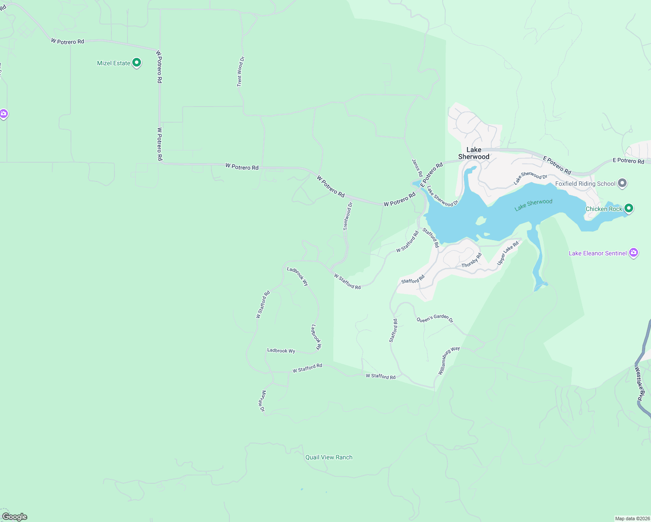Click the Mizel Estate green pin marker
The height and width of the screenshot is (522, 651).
pyautogui.click(x=137, y=63)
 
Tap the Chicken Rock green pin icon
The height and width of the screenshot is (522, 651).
pyautogui.click(x=628, y=208)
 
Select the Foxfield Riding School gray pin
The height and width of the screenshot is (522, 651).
pyautogui.click(x=622, y=183)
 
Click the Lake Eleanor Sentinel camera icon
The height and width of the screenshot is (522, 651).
pyautogui.click(x=634, y=253)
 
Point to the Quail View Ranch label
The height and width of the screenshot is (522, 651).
pyautogui.click(x=329, y=457)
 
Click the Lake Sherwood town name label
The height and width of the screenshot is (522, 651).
pyautogui.click(x=474, y=153)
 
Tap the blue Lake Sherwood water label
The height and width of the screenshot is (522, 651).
pyautogui.click(x=533, y=205)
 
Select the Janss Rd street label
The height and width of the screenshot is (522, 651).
pyautogui.click(x=417, y=168)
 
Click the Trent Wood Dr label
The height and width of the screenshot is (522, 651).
pyautogui.click(x=240, y=71)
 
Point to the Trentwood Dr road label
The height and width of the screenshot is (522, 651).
pyautogui.click(x=348, y=216)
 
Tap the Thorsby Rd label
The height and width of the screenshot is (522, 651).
pyautogui.click(x=471, y=261)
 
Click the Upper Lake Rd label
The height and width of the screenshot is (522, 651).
pyautogui.click(x=508, y=253)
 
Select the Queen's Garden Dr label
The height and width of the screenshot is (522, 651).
pyautogui.click(x=435, y=318)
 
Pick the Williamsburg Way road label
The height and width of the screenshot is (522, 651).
pyautogui.click(x=449, y=361)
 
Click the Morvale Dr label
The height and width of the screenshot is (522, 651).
pyautogui.click(x=262, y=401)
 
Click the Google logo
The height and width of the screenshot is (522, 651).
pyautogui.click(x=15, y=517)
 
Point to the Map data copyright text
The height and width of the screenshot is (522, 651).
pyautogui.click(x=632, y=519)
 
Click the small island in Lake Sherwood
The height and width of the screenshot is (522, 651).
pyautogui.click(x=480, y=221)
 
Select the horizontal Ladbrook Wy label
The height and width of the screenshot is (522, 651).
pyautogui.click(x=281, y=351)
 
